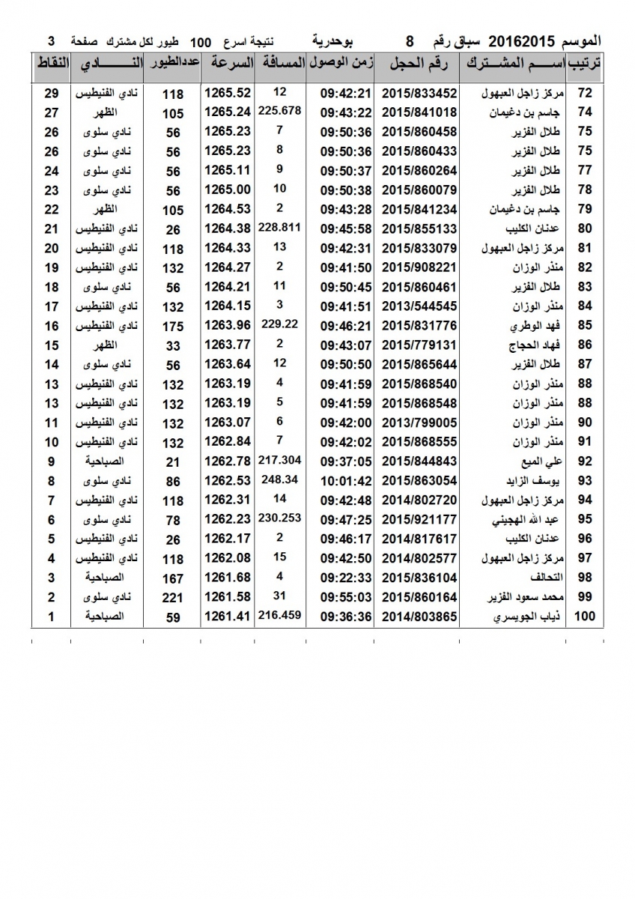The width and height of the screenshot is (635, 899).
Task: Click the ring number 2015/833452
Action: [419, 93]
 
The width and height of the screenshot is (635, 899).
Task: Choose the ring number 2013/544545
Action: [419, 306]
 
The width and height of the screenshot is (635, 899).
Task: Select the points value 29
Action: [51, 93]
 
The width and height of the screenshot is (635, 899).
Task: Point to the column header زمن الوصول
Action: [340, 64]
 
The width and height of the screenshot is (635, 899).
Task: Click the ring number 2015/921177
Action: [419, 519]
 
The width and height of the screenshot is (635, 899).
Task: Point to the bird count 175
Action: [173, 325]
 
